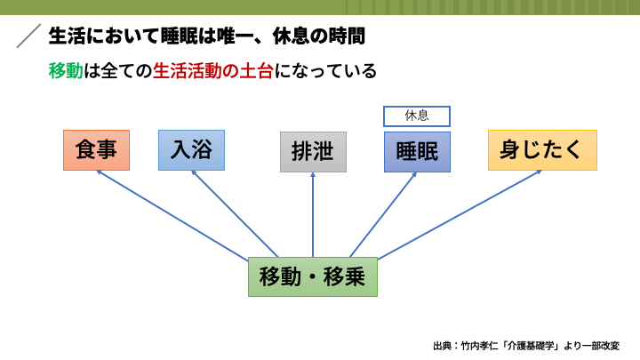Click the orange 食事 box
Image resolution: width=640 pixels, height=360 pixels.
click(97, 150)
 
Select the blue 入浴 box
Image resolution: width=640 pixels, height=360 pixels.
click(191, 149)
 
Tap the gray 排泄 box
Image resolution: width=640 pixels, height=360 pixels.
click(313, 151)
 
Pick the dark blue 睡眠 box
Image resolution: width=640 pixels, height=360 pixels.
click(417, 151)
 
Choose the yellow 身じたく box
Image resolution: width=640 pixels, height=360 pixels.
click(542, 149)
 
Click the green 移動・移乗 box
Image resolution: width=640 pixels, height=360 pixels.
click(312, 276)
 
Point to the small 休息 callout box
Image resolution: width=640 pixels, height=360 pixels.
click(417, 116)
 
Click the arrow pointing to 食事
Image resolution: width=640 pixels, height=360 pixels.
click(187, 213)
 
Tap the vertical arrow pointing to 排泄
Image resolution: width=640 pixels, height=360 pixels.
click(313, 213)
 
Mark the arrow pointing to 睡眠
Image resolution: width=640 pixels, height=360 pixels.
click(383, 213)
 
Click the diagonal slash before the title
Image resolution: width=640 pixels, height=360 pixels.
click(29, 36)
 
